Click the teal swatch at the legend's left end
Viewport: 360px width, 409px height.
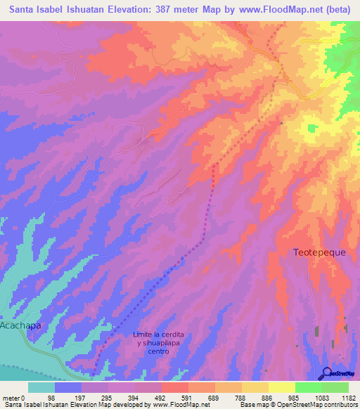41,387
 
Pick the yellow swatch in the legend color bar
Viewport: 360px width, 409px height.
281,387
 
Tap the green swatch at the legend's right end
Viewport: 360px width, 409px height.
335,387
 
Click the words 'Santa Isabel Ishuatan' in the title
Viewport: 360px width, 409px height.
59,10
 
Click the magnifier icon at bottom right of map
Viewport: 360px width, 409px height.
326,372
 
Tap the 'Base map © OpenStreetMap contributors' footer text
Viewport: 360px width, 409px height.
298,405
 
